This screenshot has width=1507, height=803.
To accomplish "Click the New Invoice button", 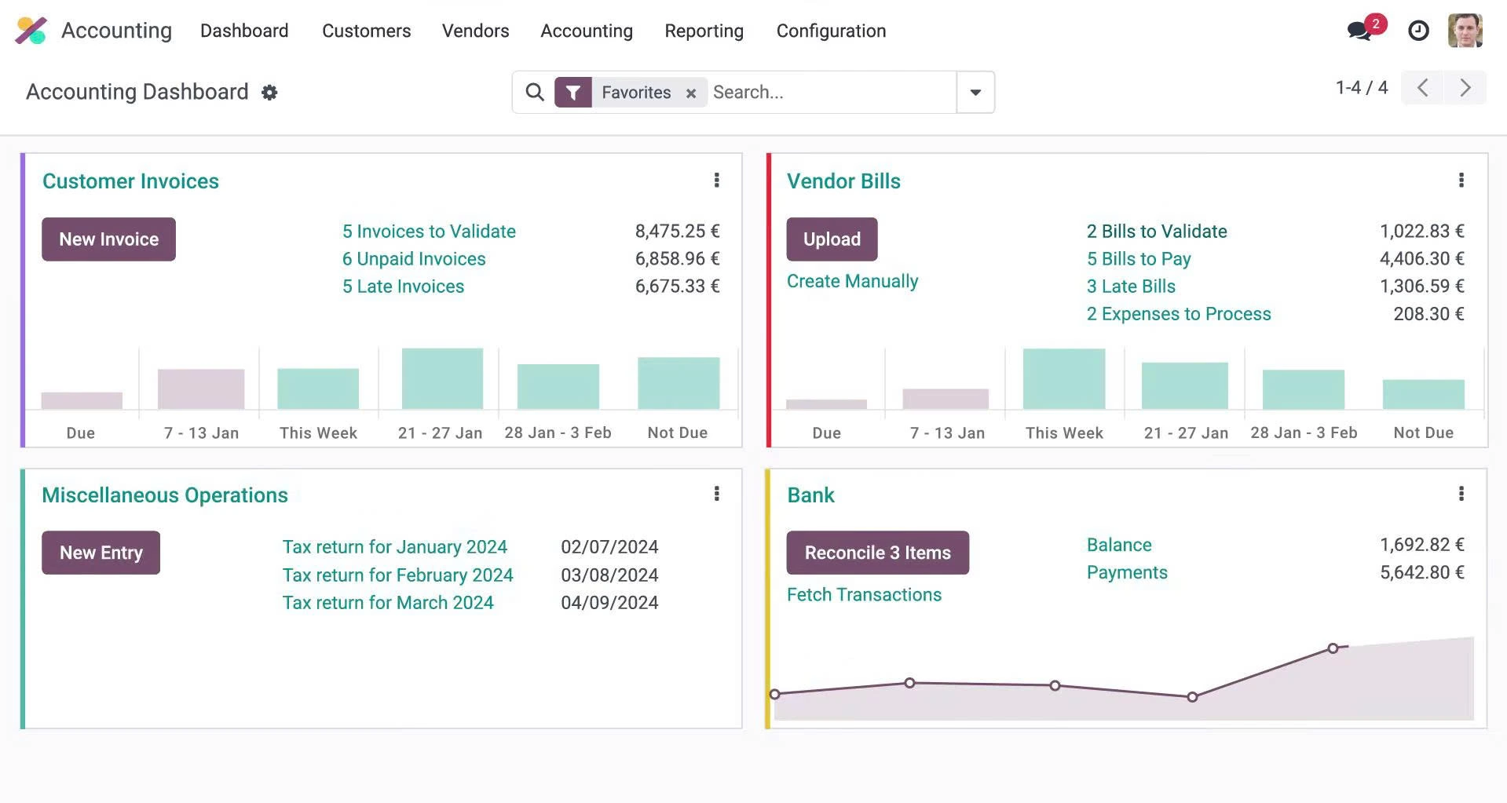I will coord(108,239).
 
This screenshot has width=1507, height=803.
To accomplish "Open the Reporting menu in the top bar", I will coord(704,31).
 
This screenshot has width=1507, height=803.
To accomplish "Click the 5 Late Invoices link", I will coord(403,287).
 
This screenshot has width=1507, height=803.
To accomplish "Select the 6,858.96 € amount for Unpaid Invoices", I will coord(677,259).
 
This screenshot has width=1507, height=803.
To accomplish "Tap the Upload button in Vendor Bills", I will coord(832,239).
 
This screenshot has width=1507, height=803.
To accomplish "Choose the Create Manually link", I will coord(852,281).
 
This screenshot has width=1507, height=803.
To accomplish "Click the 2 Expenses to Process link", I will coord(1178,314).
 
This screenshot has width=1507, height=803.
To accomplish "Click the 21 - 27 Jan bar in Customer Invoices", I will coord(442,379).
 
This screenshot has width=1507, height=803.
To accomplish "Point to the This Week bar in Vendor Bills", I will coord(1063,379).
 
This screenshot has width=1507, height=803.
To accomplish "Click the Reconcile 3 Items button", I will coord(877,553).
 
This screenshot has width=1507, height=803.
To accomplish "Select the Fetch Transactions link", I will coord(864,595).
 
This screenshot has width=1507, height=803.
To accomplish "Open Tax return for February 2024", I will coord(397,575).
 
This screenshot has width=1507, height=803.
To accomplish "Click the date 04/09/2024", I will coord(609,603).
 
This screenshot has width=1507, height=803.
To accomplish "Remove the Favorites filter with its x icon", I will coord(691,93).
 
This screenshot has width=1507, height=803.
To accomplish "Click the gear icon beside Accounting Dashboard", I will coord(269,93).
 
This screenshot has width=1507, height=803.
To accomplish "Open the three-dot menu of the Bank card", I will coord(1461,494).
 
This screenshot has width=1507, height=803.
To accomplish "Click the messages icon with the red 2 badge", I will coord(1360,31).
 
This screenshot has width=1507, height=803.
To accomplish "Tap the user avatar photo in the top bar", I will coord(1465,31).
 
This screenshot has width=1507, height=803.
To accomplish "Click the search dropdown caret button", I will coord(975,93).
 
